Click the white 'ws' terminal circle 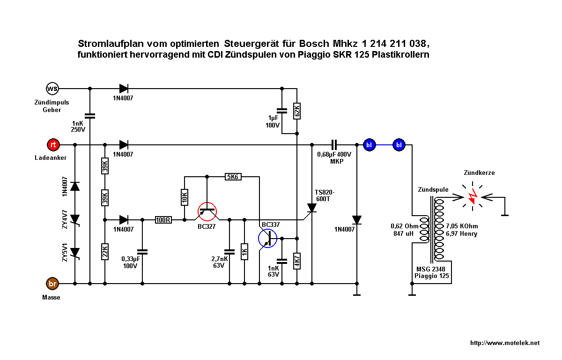52,89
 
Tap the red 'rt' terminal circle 53,145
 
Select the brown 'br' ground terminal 52,284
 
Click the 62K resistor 297,111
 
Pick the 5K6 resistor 233,177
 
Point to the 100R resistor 163,220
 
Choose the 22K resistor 105,252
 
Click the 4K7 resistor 297,261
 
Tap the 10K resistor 185,197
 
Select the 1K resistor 244,252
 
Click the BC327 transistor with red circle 207,211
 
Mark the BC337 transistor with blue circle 267,238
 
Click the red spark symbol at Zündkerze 473,196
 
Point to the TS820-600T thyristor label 325,195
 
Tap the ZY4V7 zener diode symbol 75,220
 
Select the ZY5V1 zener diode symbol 75,253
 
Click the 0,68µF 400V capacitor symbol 334,145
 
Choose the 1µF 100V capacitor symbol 282,111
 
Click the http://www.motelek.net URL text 505,343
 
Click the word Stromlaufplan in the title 111,44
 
